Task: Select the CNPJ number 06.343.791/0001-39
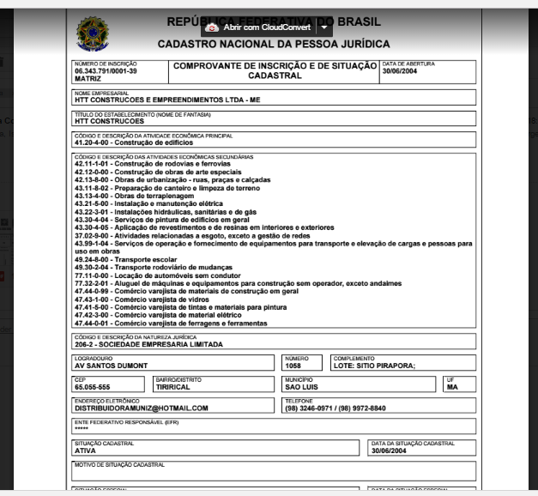tap(106, 71)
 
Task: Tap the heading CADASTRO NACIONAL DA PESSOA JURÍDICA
tap(274, 44)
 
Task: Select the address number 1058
tap(293, 366)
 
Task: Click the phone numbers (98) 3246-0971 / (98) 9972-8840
tap(335, 408)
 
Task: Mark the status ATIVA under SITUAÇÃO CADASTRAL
tap(85, 450)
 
